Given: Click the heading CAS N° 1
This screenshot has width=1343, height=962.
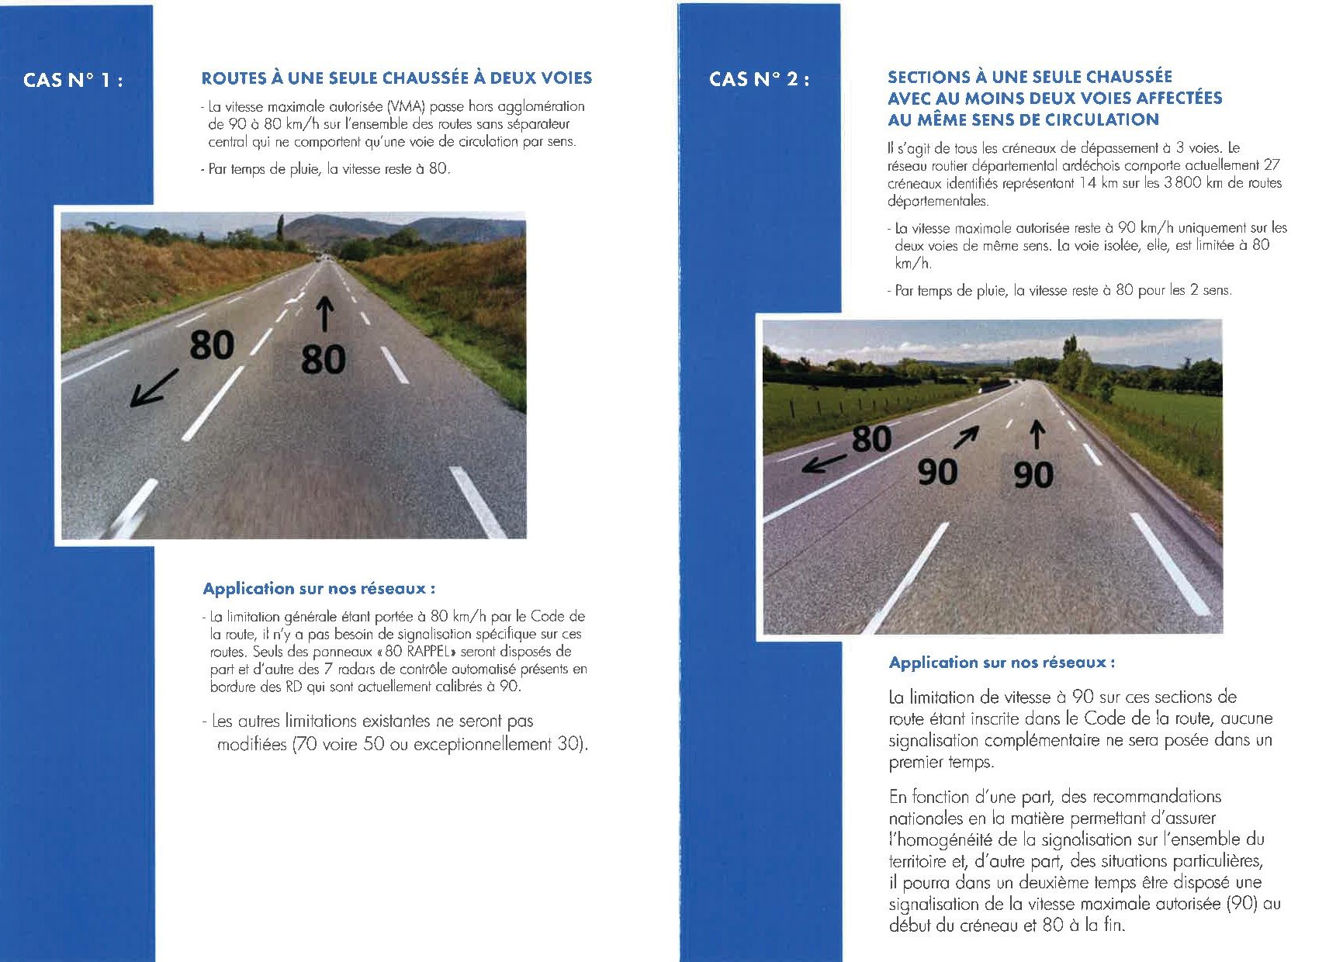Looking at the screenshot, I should point(73,80).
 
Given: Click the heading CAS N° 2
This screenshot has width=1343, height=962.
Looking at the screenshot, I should point(759,79).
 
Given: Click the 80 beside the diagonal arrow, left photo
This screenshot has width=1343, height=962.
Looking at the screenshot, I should point(211,344).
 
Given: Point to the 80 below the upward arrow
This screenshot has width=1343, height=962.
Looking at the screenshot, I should point(323,360).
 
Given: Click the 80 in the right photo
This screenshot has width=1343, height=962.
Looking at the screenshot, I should point(871,439).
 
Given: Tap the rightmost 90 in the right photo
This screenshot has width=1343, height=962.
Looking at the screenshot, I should point(1033,474).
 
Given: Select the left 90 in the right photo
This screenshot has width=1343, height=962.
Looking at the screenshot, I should point(937,471).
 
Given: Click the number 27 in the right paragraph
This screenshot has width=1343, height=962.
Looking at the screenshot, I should point(1272,165).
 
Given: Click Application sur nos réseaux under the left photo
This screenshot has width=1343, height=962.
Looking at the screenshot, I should point(319,589).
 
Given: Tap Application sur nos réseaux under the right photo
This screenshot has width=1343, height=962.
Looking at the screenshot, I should point(1002,663).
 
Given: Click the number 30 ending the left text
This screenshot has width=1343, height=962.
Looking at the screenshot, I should point(569,745).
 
